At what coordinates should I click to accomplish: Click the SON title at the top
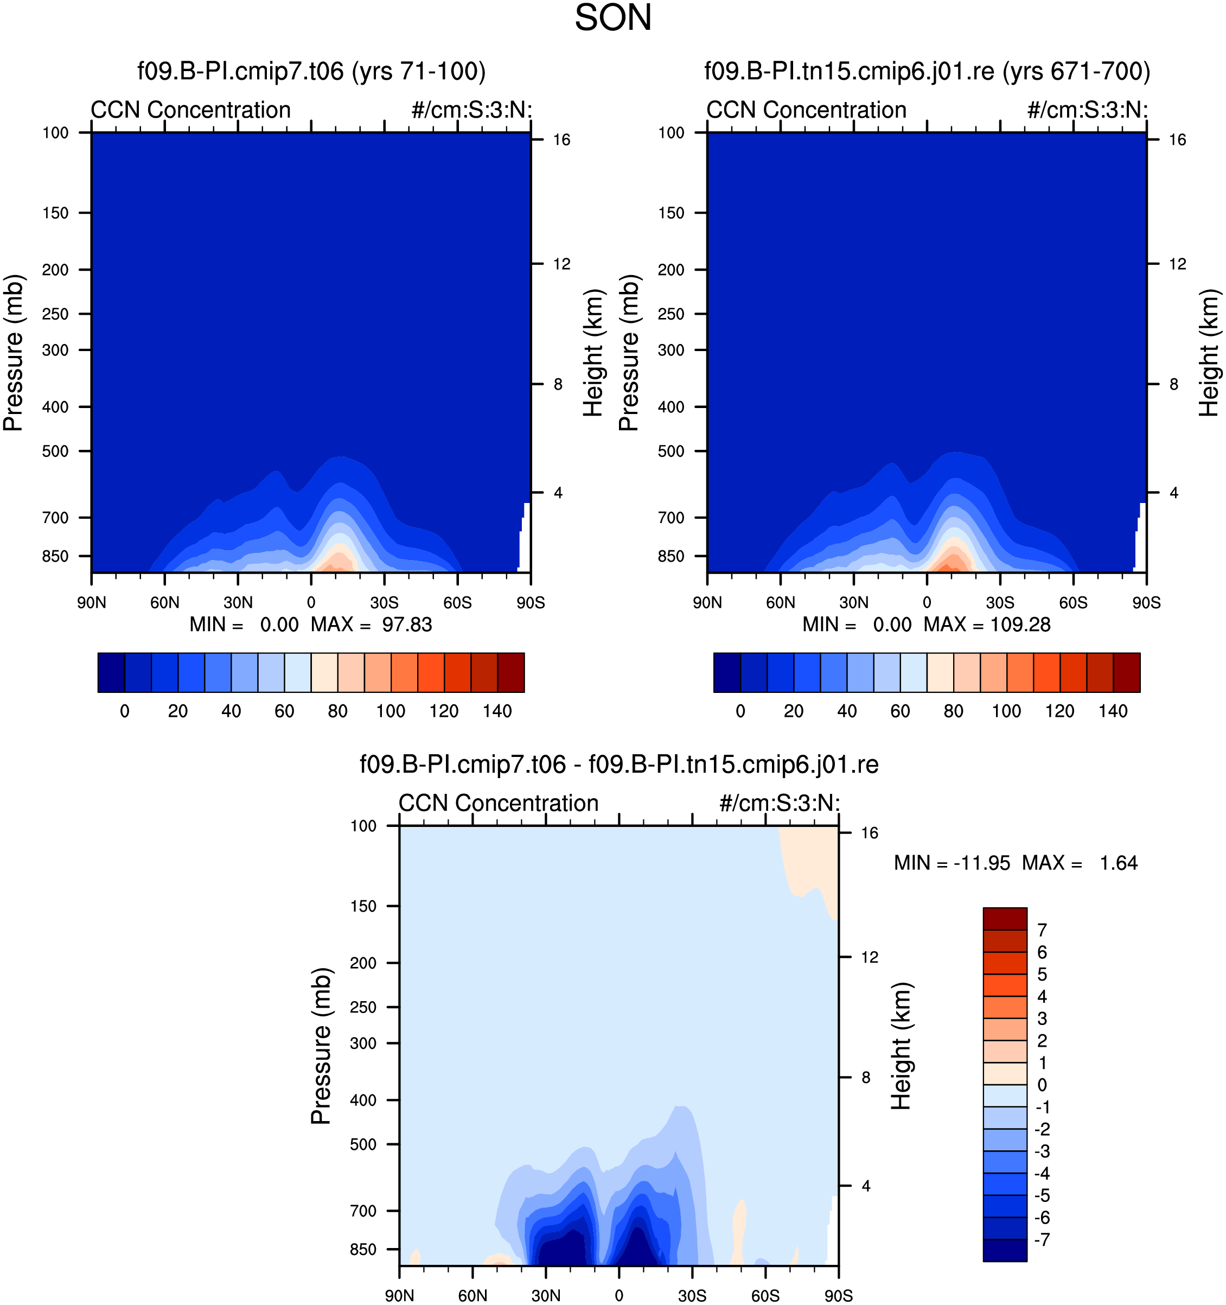613,18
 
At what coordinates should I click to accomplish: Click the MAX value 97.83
407,624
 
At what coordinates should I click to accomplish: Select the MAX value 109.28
1020,624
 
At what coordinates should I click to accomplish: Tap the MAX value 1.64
1119,863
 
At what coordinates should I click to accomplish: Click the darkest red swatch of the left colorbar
510,672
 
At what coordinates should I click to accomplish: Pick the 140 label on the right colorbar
1113,711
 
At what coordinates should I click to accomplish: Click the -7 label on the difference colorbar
1042,1239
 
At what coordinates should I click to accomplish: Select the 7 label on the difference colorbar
1042,930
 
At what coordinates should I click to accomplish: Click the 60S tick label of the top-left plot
457,603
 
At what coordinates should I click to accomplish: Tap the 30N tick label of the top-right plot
854,603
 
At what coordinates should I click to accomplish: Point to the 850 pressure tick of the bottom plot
363,1249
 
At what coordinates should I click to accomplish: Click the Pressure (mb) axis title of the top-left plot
13,353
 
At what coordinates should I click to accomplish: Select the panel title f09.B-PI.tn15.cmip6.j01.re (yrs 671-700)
928,71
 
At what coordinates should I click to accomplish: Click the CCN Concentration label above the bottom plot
499,803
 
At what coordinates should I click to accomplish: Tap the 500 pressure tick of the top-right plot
672,451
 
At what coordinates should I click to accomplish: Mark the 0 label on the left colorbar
125,711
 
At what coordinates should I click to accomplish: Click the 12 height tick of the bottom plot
869,957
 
